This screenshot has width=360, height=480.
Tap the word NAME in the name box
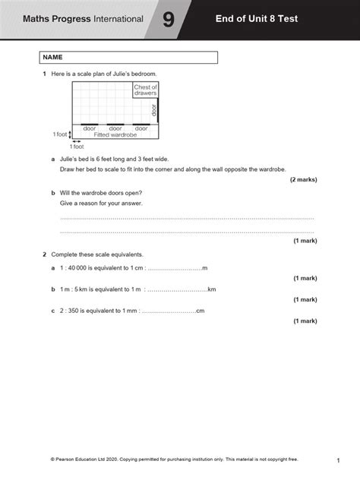[53, 57]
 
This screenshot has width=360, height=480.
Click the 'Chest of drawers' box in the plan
[145, 91]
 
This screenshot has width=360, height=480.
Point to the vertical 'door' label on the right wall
[154, 110]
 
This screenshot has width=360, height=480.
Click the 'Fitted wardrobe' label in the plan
[115, 134]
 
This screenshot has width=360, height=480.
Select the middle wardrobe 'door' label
[115, 128]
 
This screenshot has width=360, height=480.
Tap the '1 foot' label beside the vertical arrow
[60, 134]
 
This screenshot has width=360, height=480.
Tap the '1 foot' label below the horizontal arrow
[77, 146]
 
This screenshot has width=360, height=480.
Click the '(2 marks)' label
[303, 180]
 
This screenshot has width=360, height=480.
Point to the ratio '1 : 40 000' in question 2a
[77, 268]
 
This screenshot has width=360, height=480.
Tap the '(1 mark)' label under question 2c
[305, 321]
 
